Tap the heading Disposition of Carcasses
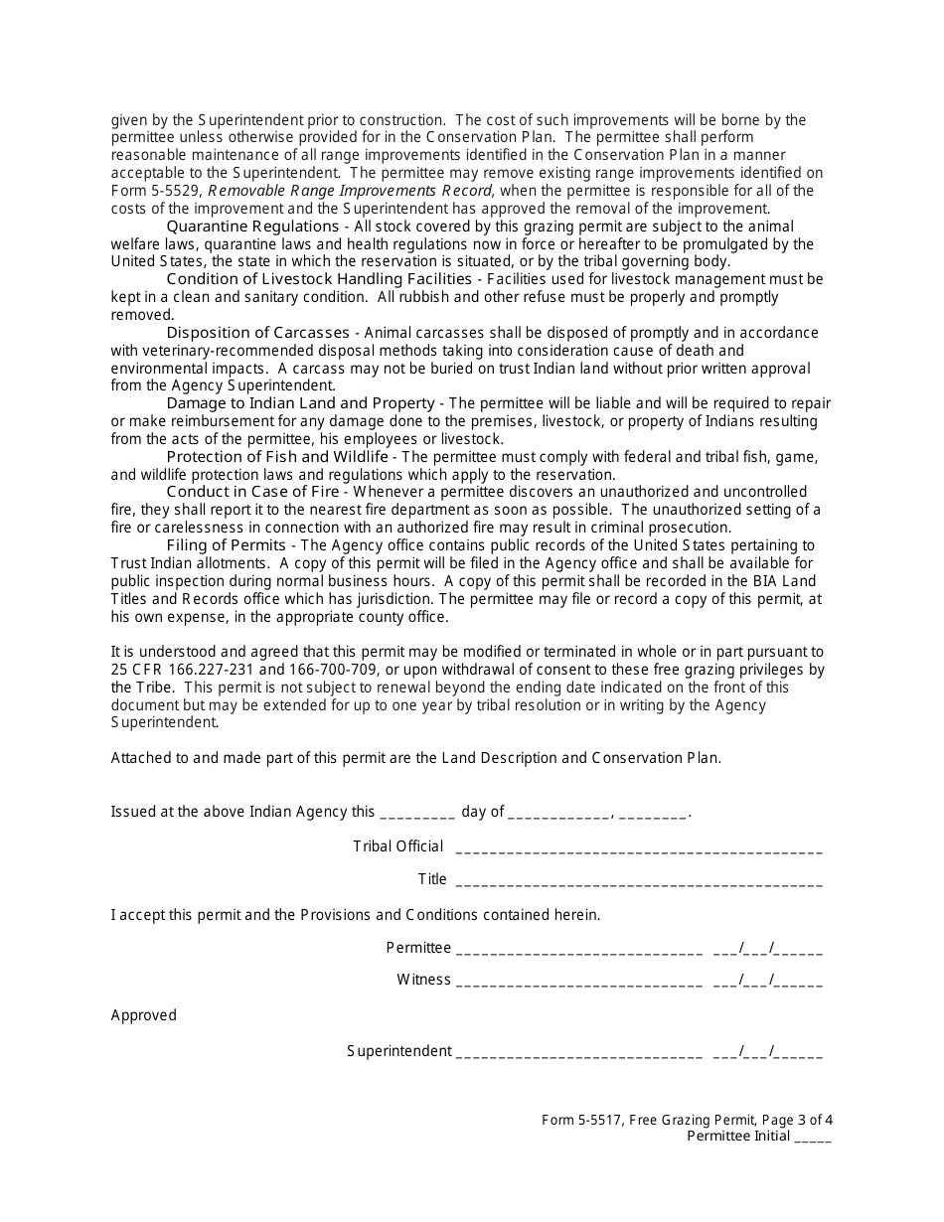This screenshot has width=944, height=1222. tap(257, 333)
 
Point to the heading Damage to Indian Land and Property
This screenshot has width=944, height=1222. tap(300, 403)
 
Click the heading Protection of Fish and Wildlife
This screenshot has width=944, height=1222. tap(277, 456)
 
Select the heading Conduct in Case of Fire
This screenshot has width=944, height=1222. tap(252, 492)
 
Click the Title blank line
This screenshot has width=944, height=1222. tap(638, 880)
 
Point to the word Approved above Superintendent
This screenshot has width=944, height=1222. tap(143, 1015)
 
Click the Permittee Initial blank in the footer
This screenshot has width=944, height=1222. tap(813, 1139)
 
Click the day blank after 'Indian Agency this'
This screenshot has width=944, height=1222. tap(417, 813)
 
